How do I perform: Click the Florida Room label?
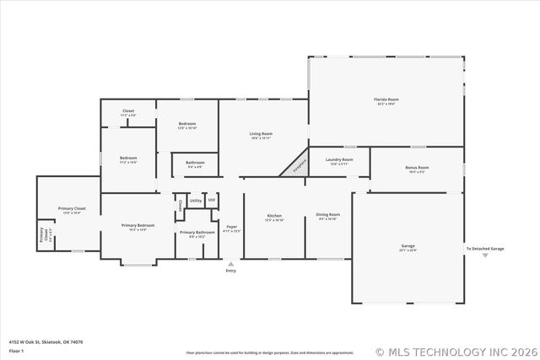[386, 99]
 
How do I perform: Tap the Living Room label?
[261, 134]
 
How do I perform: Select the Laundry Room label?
[339, 159]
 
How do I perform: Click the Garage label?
[408, 246]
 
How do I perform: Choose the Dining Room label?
[328, 215]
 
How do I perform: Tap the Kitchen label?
[274, 215]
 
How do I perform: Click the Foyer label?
[231, 227]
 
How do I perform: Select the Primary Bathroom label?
[196, 232]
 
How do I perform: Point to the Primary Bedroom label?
[138, 225]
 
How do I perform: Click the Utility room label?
[195, 201]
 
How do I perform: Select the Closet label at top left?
[128, 111]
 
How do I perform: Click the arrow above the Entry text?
[231, 263]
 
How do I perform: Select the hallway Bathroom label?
[195, 163]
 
